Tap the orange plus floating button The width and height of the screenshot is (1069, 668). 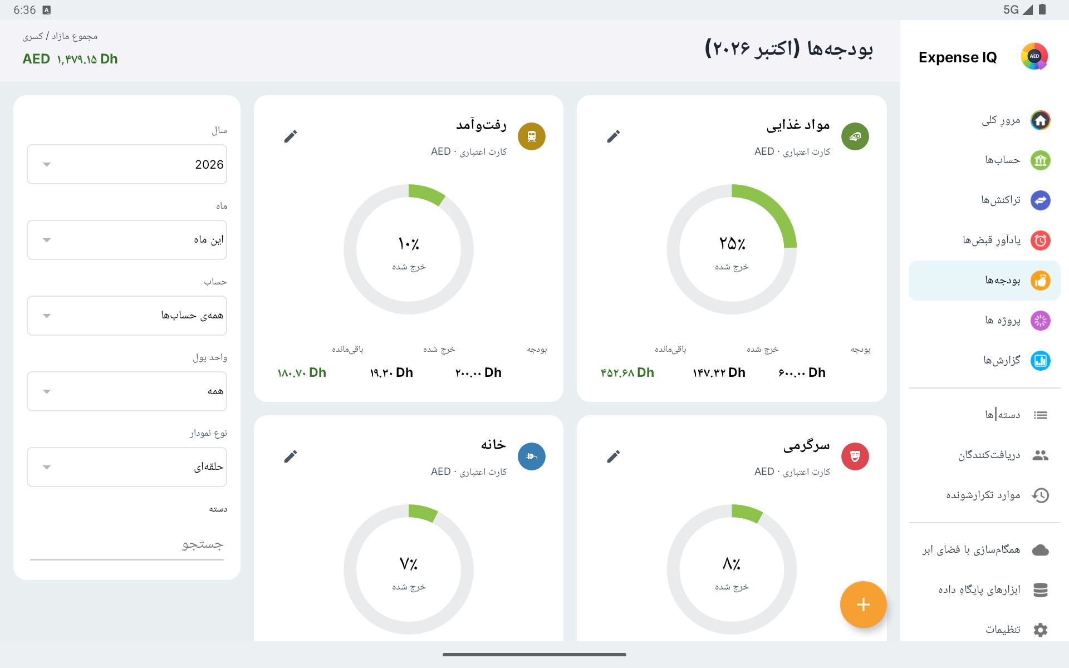[x=863, y=605]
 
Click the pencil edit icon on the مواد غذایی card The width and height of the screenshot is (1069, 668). [x=614, y=136]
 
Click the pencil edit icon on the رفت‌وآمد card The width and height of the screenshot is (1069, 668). [x=291, y=136]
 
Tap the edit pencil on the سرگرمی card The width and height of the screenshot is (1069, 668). [x=614, y=456]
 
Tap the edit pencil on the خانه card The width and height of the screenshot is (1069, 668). [x=291, y=456]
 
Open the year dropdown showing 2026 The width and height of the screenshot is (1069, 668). [x=127, y=164]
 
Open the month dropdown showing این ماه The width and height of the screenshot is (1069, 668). [x=127, y=240]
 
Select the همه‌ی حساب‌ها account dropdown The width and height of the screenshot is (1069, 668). [x=127, y=316]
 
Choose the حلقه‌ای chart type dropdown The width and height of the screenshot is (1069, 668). [x=127, y=467]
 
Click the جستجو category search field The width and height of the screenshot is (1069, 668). [x=127, y=544]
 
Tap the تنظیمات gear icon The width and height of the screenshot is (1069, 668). [x=1040, y=630]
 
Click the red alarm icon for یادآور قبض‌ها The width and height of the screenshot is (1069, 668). [x=1040, y=240]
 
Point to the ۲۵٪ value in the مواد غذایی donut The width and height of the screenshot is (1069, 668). [x=732, y=244]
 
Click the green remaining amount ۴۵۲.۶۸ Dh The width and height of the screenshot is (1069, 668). [x=627, y=372]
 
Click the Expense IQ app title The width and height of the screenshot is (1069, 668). [x=958, y=57]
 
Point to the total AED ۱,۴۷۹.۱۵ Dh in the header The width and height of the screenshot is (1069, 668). [x=70, y=59]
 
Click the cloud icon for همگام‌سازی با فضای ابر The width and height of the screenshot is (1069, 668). [x=1040, y=550]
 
